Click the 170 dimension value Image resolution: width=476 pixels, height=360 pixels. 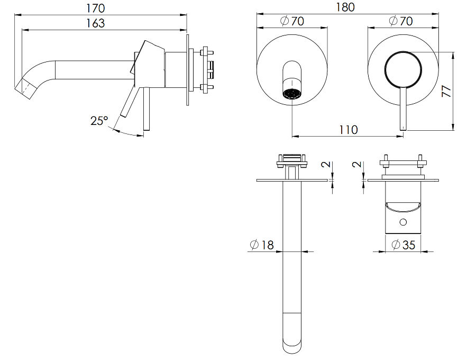coord(96,8)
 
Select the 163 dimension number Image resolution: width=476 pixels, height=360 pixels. coord(96,23)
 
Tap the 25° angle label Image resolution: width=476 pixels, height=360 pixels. coord(99,121)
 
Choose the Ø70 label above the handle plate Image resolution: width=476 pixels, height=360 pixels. coord(400,21)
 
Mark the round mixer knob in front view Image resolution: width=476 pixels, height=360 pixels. coord(403,69)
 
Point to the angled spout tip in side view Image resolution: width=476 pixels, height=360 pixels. coord(25,86)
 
